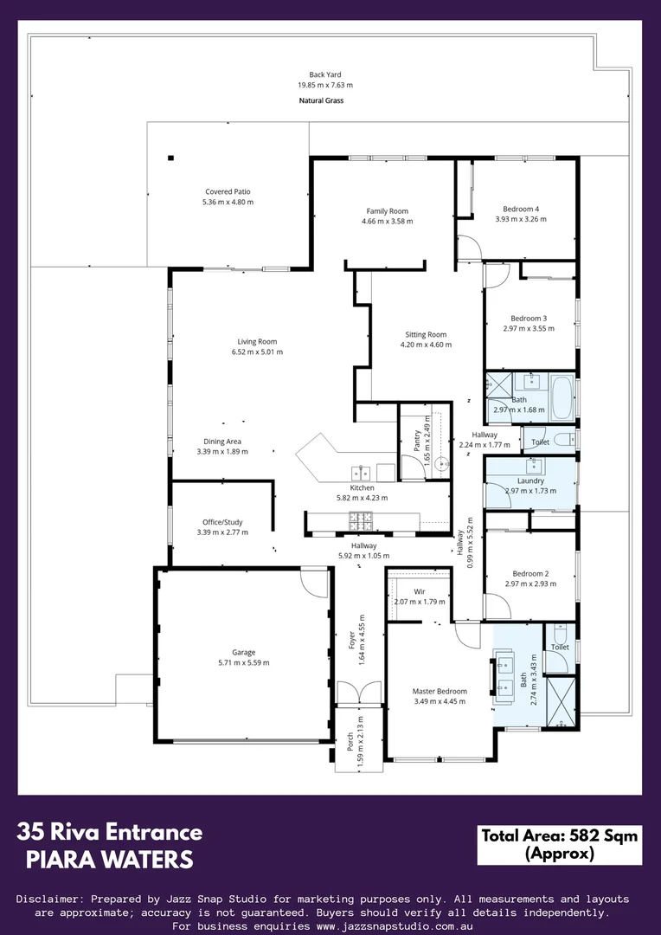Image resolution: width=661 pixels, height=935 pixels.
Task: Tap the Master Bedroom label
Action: point(440,691)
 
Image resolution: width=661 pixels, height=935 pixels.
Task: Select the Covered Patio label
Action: point(228,191)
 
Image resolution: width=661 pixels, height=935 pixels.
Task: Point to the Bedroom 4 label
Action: point(521,209)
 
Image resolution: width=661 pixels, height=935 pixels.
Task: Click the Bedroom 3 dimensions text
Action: point(528,328)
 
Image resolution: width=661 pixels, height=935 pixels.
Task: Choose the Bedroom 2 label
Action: point(530,573)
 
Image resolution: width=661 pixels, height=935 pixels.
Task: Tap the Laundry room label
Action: point(530,480)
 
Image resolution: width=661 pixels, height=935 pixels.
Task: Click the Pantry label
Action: point(416,441)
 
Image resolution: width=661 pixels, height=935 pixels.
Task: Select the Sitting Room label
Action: point(426,334)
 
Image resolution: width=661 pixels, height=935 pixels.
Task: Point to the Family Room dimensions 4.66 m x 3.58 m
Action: point(387,222)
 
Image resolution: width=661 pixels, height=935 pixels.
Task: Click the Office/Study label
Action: point(222,522)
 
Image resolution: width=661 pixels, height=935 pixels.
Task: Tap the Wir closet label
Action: point(419,591)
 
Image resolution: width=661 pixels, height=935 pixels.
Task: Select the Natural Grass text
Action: point(321,100)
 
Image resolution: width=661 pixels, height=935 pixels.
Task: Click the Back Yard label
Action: point(324,74)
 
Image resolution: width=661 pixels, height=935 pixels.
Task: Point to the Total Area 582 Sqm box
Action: point(559,844)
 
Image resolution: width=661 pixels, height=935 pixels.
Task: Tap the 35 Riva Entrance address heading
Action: point(110,833)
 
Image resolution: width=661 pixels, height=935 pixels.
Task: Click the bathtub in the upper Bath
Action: point(562,396)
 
